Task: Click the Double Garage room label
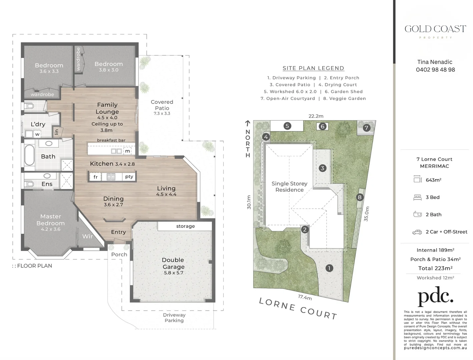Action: [173, 263]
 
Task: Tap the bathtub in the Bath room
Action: [30, 155]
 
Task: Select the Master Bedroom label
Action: [51, 220]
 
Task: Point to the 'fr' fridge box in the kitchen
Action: [96, 177]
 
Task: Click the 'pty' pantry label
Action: [129, 177]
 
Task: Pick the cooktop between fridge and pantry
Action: [111, 177]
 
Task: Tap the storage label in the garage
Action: [185, 226]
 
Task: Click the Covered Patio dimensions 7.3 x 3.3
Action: [162, 113]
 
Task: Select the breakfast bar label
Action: [111, 140]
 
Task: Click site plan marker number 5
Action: [287, 126]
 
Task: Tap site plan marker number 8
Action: [359, 197]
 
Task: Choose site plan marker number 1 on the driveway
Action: [329, 268]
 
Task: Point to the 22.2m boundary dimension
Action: [316, 116]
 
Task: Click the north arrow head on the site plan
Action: [248, 122]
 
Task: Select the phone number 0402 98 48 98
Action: [435, 70]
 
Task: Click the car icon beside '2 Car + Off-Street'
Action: [417, 232]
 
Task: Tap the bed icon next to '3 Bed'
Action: [417, 197]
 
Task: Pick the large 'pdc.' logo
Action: [435, 296]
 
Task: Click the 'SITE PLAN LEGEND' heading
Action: [313, 68]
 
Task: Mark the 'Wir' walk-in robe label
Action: [87, 236]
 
